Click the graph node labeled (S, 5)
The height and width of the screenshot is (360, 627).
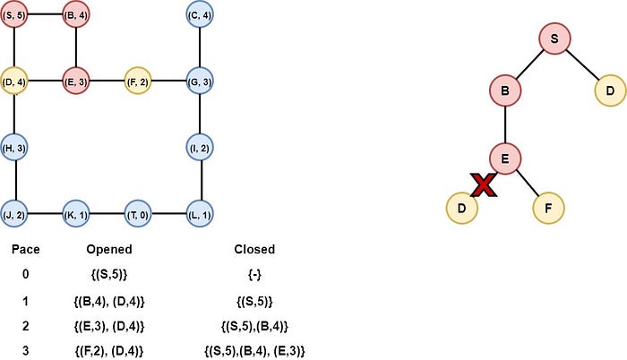click(x=15, y=15)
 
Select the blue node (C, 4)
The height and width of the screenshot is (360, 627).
click(x=199, y=15)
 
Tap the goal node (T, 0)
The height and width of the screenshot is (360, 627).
click(x=138, y=215)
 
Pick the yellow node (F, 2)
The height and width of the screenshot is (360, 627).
click(x=138, y=81)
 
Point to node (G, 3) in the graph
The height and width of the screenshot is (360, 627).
click(x=199, y=81)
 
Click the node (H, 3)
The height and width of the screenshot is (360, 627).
click(x=15, y=148)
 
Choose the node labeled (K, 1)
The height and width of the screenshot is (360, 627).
click(x=76, y=215)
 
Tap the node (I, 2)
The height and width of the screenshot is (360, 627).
click(x=199, y=148)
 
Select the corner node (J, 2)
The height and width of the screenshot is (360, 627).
click(x=15, y=215)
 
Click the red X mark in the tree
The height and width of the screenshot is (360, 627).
click(x=484, y=185)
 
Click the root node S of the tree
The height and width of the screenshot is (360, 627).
click(x=554, y=39)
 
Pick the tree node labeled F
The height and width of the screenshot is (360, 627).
click(x=548, y=208)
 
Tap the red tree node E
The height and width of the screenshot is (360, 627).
click(x=505, y=159)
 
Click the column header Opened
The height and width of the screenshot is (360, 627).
click(x=111, y=249)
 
